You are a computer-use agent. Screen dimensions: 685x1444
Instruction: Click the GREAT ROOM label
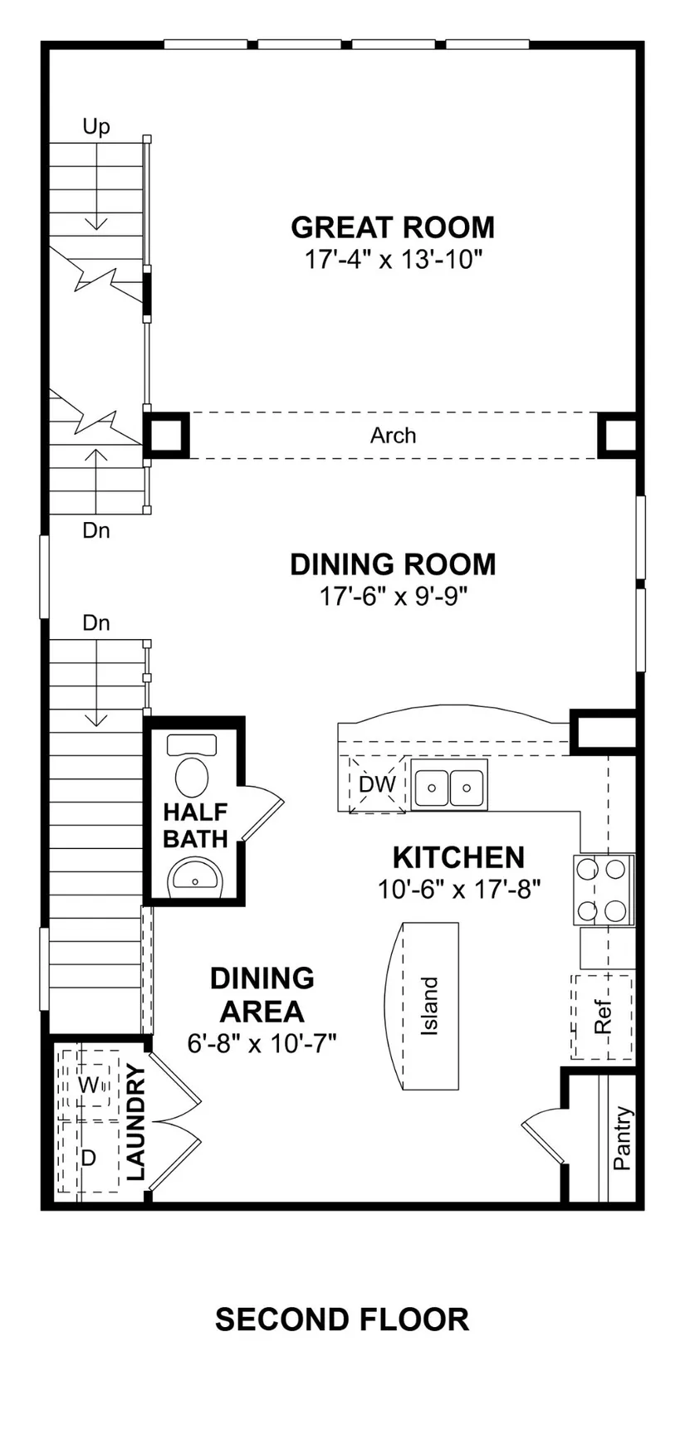(393, 227)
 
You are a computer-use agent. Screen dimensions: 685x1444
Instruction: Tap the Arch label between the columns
(394, 435)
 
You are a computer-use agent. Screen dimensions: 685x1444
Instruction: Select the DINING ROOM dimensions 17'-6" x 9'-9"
(394, 596)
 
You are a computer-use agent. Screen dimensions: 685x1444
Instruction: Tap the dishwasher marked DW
(377, 784)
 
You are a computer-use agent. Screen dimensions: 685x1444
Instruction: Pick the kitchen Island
(423, 1006)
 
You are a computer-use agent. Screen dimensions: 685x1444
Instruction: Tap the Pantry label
(623, 1138)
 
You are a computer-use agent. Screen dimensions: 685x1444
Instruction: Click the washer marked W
(87, 1085)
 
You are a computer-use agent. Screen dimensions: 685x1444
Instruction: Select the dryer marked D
(87, 1157)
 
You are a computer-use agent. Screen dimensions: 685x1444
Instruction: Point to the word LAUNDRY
(136, 1123)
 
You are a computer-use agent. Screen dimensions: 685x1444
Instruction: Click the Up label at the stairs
(96, 126)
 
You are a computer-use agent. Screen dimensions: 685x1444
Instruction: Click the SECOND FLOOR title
(342, 1319)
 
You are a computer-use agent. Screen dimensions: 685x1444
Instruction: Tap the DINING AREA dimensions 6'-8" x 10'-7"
(262, 1043)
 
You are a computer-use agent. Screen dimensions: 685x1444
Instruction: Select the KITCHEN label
(458, 856)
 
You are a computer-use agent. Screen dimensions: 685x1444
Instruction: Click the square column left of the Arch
(167, 435)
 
